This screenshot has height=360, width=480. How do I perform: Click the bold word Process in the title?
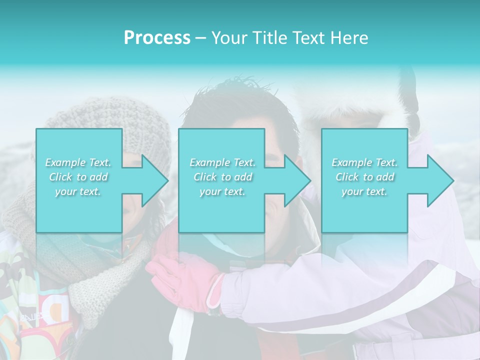157,38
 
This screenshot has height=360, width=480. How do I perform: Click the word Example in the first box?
65,162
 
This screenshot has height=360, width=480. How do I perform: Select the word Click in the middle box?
204,177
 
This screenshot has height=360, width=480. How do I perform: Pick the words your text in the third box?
364,191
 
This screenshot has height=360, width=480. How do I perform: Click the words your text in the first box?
78,191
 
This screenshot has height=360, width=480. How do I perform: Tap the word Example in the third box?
351,162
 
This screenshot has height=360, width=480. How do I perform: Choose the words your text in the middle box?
222,191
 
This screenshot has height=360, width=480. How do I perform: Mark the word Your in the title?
229,38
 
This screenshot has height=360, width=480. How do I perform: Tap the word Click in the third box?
347,177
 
